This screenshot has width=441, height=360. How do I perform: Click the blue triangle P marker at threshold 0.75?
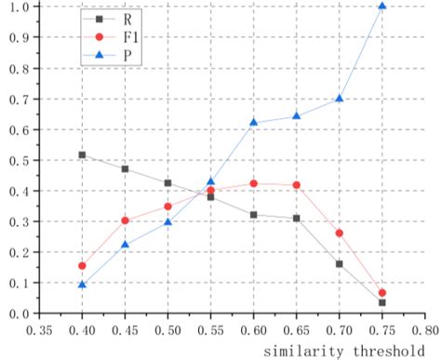click(x=381, y=7)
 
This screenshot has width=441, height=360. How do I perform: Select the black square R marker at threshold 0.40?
click(x=82, y=154)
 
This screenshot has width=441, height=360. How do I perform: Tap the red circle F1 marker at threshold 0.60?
click(x=253, y=183)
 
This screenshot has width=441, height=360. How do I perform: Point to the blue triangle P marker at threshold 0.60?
click(x=253, y=122)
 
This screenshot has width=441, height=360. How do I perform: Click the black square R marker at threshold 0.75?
click(x=381, y=302)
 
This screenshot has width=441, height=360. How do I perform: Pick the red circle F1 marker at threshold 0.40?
click(x=82, y=266)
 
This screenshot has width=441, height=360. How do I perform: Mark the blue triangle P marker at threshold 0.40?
click(x=82, y=284)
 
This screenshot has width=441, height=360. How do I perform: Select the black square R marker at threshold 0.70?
click(x=339, y=264)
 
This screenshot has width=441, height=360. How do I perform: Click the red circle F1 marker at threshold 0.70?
click(x=339, y=233)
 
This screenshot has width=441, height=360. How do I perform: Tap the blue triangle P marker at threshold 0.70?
click(x=339, y=98)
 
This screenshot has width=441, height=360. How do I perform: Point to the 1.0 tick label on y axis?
click(x=18, y=7)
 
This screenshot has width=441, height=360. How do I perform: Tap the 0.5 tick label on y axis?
click(x=18, y=160)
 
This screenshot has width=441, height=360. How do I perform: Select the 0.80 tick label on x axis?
click(x=423, y=329)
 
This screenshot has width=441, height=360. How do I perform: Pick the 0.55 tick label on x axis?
click(x=210, y=329)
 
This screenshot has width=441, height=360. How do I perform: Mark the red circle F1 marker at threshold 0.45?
click(x=125, y=220)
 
